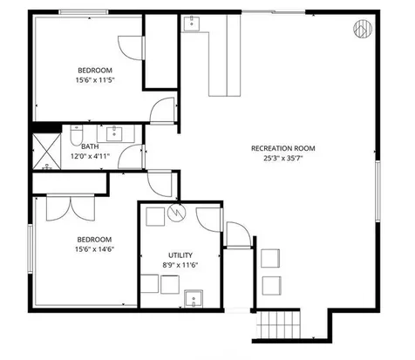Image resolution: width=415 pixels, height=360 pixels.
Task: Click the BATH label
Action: pos(90,146)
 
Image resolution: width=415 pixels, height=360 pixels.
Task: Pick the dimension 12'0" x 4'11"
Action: pos(90,157)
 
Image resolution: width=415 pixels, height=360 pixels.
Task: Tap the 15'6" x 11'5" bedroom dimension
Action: pos(95,80)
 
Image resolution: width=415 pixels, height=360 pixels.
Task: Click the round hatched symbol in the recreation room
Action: pos(361,30)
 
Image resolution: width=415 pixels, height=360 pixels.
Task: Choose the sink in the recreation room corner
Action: pos(190,25)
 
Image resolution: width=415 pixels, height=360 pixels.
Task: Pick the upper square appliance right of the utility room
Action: pos(269,258)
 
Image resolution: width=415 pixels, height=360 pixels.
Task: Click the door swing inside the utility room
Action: pos(208,219)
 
